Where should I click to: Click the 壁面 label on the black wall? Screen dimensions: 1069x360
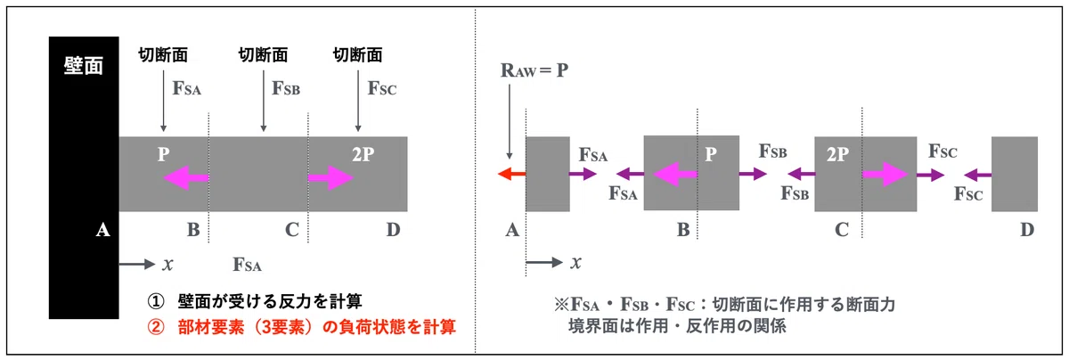[x=84, y=65]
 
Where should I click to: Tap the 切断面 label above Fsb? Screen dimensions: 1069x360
[x=263, y=55]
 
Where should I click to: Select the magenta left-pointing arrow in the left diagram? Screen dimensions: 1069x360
[x=186, y=177]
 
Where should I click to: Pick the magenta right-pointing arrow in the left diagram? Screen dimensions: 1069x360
[x=330, y=177]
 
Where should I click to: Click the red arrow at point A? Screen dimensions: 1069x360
[x=511, y=173]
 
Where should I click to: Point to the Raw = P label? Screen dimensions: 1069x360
[x=534, y=70]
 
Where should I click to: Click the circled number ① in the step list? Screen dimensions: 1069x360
[x=156, y=302]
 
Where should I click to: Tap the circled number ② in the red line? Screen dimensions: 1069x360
[x=156, y=327]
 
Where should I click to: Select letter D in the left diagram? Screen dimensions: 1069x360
[x=393, y=230]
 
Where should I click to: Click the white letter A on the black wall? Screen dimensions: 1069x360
[x=102, y=230]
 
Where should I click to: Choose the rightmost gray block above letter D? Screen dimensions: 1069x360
[x=1015, y=174]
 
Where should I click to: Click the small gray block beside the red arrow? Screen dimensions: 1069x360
[x=548, y=174]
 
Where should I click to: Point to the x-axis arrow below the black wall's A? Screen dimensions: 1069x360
[x=137, y=264]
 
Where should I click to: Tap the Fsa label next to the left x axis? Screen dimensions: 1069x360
[x=248, y=265]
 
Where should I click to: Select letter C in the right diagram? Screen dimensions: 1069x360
[x=842, y=230]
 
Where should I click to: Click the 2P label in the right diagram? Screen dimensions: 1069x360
[x=837, y=154]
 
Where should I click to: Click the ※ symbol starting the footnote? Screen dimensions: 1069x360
[x=562, y=305]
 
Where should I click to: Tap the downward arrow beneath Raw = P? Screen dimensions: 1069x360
[x=510, y=122]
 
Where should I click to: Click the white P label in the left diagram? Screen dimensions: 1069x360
[x=164, y=154]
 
